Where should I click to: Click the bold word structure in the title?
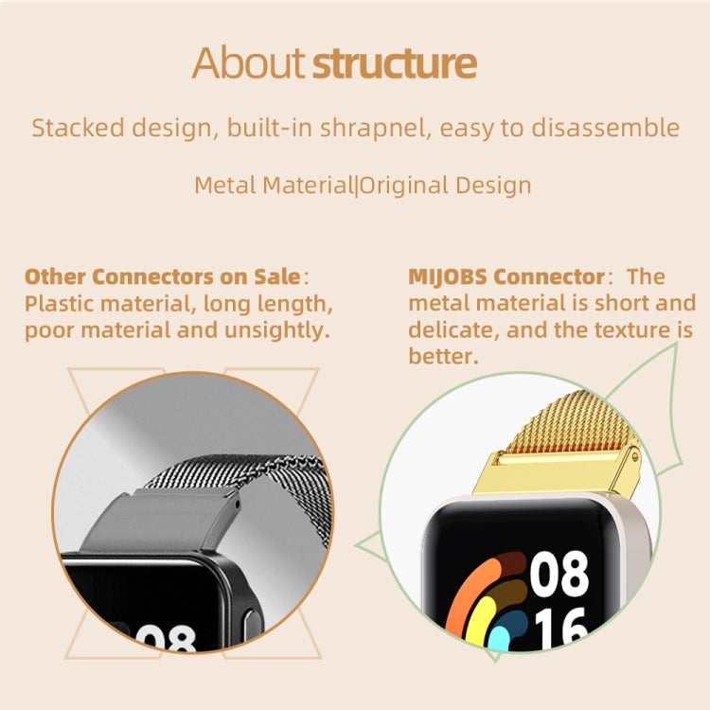click(x=394, y=63)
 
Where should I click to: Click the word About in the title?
click(x=249, y=63)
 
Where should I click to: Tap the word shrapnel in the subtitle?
click(x=375, y=129)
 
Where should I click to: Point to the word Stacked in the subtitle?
click(x=71, y=129)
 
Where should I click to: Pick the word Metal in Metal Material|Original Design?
click(x=223, y=185)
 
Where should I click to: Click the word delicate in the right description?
click(x=446, y=330)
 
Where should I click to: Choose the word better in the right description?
click(x=441, y=357)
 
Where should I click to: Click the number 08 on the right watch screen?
click(x=559, y=574)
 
